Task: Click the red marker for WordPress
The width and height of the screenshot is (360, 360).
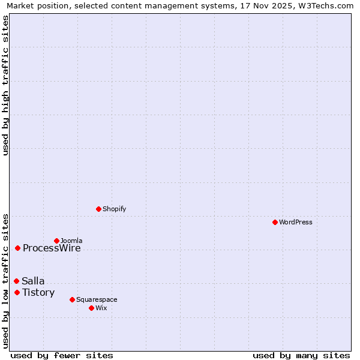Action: [275, 222]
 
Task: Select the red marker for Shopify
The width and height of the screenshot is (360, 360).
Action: [98, 209]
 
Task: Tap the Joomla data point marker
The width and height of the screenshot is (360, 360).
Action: [56, 241]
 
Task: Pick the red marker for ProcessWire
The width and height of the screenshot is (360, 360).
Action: [18, 248]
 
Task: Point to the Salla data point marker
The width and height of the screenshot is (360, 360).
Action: [16, 281]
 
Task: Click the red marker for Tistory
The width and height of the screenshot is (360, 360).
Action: [17, 292]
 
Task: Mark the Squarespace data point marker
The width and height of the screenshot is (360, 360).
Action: [72, 299]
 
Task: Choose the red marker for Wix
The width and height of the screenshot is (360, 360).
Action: [91, 308]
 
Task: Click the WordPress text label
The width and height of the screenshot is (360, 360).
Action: [296, 222]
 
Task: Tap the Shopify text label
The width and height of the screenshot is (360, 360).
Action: [114, 209]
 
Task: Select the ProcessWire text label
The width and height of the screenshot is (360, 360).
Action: [52, 248]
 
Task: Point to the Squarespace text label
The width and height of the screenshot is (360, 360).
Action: [97, 299]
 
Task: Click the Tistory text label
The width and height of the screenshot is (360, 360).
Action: [38, 293]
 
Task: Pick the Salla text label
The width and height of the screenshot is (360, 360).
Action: [33, 281]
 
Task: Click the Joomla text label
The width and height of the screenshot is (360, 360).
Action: [71, 241]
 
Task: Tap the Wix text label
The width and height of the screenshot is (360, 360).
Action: [101, 308]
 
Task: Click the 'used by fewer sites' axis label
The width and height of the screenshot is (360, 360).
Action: [62, 356]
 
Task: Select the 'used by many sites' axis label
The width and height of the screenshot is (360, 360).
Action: [301, 356]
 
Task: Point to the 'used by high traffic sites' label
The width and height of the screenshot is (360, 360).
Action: [5, 85]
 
